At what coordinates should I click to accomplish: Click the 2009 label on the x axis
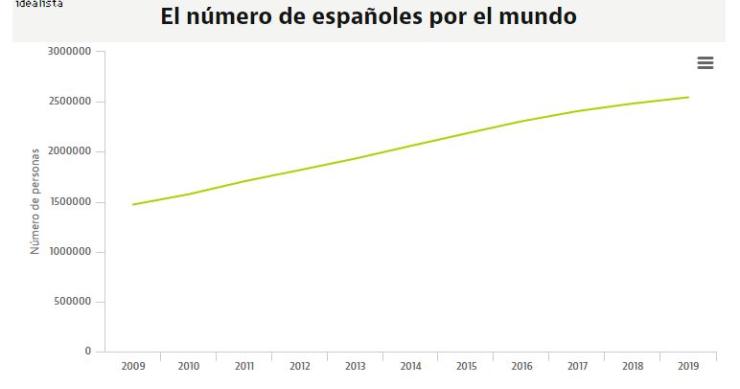133,367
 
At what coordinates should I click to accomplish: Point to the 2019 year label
687,367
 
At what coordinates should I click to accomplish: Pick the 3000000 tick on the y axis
69,51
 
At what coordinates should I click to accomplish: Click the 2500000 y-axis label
69,101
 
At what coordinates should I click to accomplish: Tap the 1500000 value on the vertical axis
69,202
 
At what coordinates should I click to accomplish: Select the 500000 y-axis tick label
72,302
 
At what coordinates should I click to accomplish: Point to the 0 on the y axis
88,352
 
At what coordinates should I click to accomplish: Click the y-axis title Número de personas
36,201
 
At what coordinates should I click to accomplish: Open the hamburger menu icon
705,62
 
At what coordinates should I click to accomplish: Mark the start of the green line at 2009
133,204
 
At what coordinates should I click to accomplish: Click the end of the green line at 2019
688,97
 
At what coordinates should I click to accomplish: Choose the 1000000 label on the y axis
69,252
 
